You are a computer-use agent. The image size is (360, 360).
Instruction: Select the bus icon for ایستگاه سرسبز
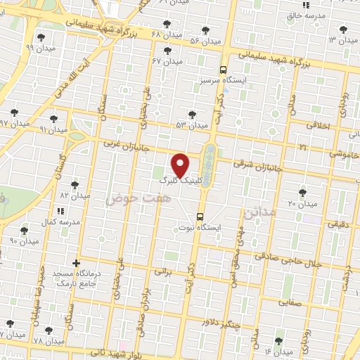coord(223,70)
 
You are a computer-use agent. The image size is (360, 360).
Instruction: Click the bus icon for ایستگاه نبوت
coord(200,217)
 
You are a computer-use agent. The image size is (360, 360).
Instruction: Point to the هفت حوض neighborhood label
coord(129,199)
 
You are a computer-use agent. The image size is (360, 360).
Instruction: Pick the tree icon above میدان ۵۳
coord(192,114)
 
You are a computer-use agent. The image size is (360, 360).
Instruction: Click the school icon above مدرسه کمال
coord(61,210)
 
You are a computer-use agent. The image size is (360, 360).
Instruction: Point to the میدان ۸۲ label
coord(73,195)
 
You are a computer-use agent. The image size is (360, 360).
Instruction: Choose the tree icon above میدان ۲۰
coord(302,191)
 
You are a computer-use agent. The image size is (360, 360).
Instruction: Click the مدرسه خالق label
coord(309,15)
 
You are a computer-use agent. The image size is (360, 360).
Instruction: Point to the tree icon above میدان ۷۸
coord(48,330)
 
